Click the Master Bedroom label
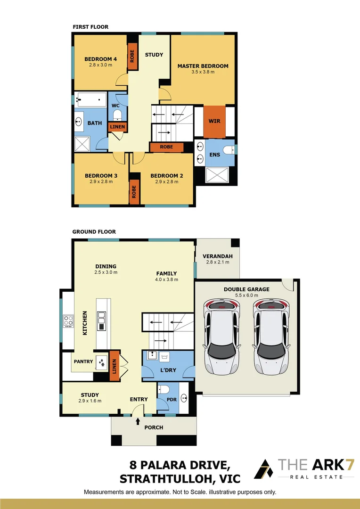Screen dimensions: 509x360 tap(203, 66)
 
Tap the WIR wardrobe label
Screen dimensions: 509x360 tap(214, 121)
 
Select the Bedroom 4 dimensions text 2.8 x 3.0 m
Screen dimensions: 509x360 tap(100, 65)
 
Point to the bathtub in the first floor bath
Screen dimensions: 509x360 tap(91, 99)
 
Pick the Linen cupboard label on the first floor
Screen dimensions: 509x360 tap(117, 127)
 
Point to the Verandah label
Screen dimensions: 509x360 tap(217, 256)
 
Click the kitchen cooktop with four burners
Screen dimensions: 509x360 tap(68, 320)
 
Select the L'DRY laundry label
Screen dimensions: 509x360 tap(167, 370)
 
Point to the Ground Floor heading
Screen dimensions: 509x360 tap(94, 232)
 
